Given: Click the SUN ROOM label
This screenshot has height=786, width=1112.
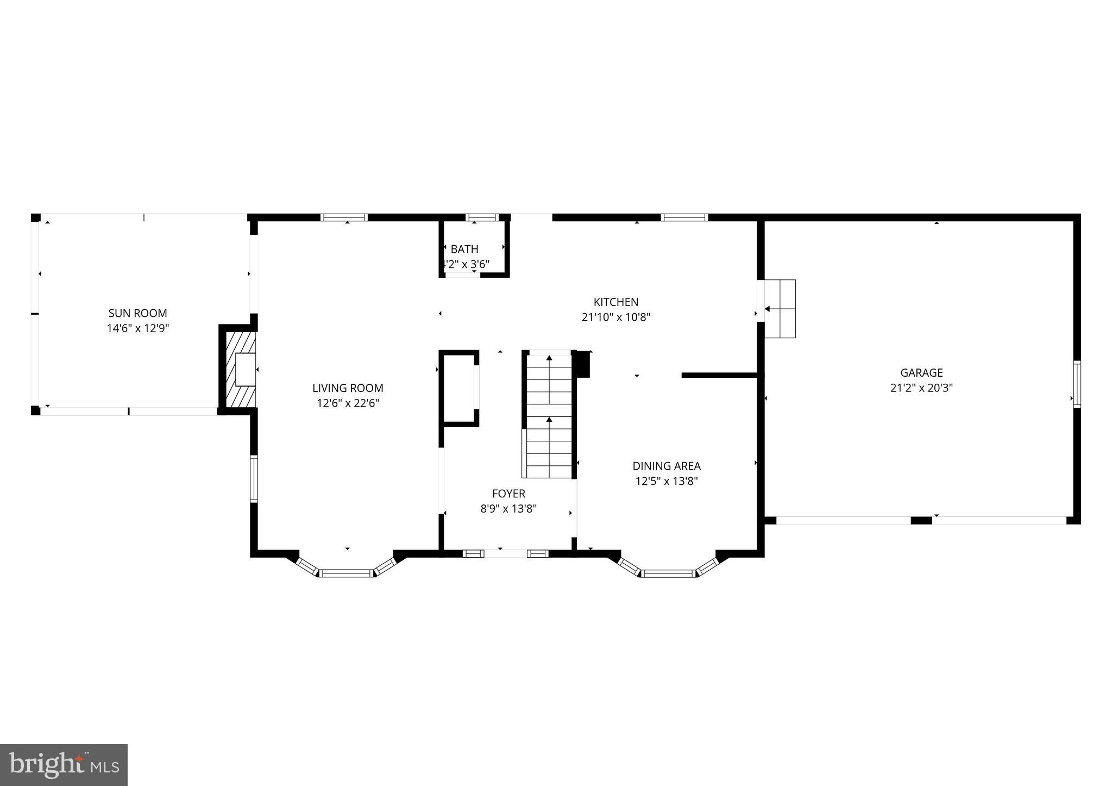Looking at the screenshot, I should click(x=137, y=313).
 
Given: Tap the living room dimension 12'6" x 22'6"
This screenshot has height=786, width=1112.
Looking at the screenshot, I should click(x=348, y=403).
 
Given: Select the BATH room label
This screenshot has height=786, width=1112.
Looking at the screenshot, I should click(x=464, y=249).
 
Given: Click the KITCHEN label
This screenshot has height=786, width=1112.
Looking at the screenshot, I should click(x=615, y=302).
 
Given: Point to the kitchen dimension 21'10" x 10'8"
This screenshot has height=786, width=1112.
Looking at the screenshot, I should click(x=615, y=317).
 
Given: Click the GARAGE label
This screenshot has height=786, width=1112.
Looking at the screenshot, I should click(x=921, y=373).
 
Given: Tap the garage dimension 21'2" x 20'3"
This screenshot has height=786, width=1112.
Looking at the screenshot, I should click(x=921, y=388).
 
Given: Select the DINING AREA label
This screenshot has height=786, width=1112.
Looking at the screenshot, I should click(x=666, y=466).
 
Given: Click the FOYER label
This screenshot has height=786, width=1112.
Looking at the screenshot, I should click(x=508, y=494).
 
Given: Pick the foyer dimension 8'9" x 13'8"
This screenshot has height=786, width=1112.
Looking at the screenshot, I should click(x=508, y=509).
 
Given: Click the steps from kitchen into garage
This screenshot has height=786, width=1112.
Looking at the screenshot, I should click(x=780, y=309).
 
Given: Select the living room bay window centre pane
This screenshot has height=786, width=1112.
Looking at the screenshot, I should click(x=346, y=573).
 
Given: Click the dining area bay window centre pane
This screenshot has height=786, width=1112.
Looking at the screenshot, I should click(x=668, y=573).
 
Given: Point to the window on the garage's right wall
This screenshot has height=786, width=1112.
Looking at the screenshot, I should click(x=1077, y=384).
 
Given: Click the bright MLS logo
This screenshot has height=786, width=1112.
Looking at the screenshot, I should click(x=64, y=765).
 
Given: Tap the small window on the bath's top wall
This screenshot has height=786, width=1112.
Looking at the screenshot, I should click(x=482, y=217).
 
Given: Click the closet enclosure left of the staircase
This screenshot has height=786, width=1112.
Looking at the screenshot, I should click(x=460, y=387).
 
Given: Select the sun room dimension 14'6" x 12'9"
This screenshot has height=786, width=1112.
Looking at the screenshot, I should click(x=137, y=328).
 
